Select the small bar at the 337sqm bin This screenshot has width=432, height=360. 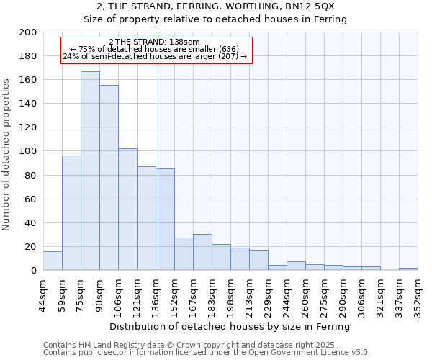tap(408, 269)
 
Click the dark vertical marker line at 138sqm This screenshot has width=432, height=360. tap(158, 180)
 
